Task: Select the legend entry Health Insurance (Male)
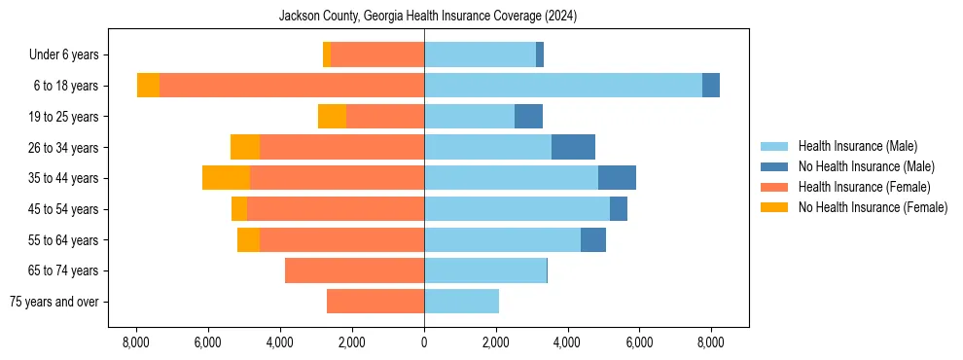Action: click(856, 147)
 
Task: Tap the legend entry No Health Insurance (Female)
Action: click(873, 207)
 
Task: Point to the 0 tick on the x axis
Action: click(424, 342)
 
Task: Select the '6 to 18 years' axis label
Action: click(65, 86)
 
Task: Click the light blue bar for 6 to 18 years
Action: click(563, 86)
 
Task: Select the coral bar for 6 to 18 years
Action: click(292, 86)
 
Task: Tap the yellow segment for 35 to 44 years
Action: click(226, 178)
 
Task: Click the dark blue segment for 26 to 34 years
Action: click(573, 147)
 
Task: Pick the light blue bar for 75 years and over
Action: click(461, 302)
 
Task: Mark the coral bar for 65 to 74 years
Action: click(354, 270)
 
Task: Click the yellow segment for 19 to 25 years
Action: click(332, 117)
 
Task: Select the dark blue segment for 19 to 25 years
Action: click(528, 117)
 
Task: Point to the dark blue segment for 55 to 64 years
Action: click(593, 239)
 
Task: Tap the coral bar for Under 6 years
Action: click(377, 55)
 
